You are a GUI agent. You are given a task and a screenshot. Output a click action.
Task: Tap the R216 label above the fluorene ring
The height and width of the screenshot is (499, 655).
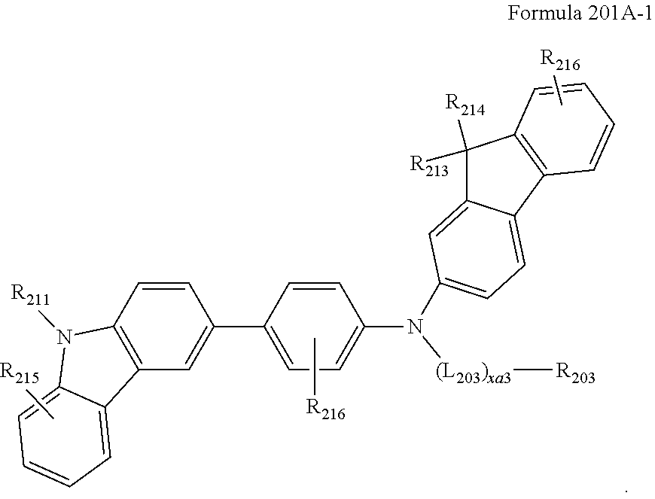[x=560, y=59]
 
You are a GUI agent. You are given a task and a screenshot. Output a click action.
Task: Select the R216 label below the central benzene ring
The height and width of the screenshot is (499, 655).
[x=325, y=410]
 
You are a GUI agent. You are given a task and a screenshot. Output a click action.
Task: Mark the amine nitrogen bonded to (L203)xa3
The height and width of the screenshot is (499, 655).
[x=413, y=327]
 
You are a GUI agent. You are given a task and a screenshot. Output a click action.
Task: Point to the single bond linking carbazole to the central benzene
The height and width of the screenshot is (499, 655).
[x=239, y=327]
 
